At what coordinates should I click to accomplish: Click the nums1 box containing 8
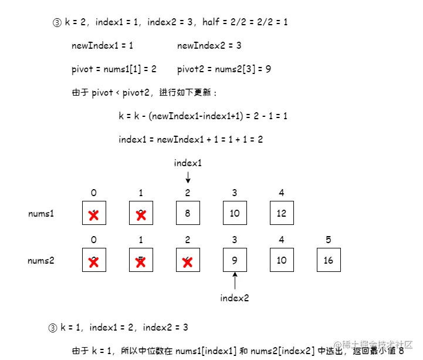188,213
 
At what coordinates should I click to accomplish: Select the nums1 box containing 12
282,213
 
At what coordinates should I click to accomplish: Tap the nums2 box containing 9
235,260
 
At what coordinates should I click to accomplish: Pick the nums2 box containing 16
329,260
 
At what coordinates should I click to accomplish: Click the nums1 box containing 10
235,213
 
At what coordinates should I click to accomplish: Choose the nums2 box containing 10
282,260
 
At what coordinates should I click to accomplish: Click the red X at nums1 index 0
93,215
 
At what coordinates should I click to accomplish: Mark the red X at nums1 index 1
141,215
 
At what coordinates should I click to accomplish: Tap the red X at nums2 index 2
188,262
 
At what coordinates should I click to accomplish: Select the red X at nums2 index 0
93,262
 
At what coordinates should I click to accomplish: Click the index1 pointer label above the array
188,163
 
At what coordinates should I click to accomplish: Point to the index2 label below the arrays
235,298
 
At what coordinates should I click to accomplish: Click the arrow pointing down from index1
188,177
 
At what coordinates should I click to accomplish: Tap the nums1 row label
41,213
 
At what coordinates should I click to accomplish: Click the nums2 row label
41,260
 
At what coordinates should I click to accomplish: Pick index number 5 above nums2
329,240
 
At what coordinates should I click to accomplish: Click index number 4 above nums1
282,193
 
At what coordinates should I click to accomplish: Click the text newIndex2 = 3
209,45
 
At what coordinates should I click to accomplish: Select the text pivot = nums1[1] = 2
114,69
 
